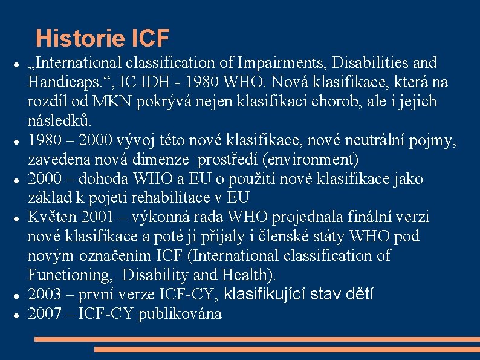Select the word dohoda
103,179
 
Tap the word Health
248,275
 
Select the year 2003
45,295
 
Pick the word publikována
180,314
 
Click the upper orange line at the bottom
257,339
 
